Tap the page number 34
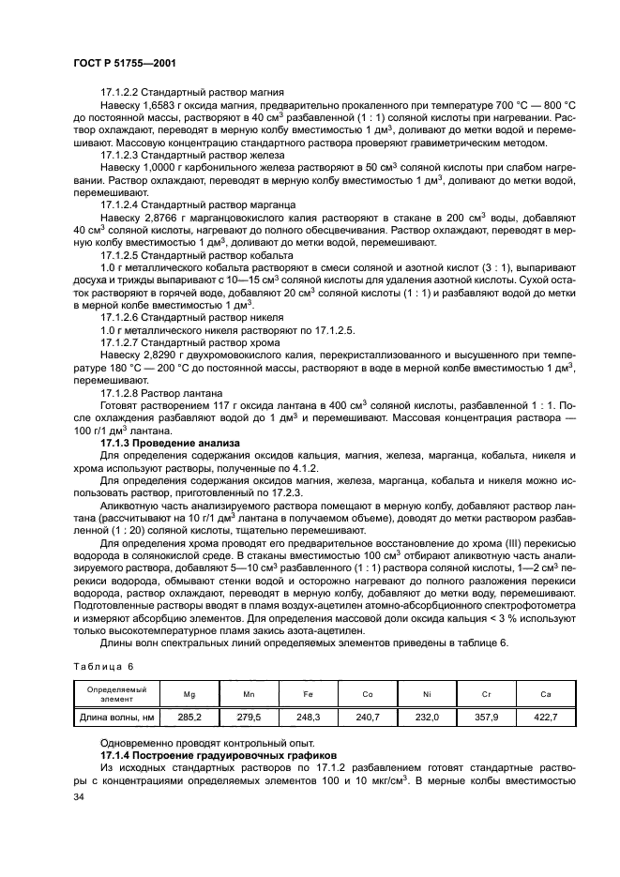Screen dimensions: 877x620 (x=79, y=798)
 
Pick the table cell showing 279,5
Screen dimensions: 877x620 (x=249, y=718)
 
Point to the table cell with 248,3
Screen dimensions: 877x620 (x=308, y=718)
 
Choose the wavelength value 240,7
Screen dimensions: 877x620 (x=367, y=718)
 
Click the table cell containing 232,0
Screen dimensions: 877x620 (x=427, y=718)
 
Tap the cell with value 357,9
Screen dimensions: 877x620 (x=486, y=718)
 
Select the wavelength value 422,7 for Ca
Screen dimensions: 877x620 (x=545, y=718)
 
